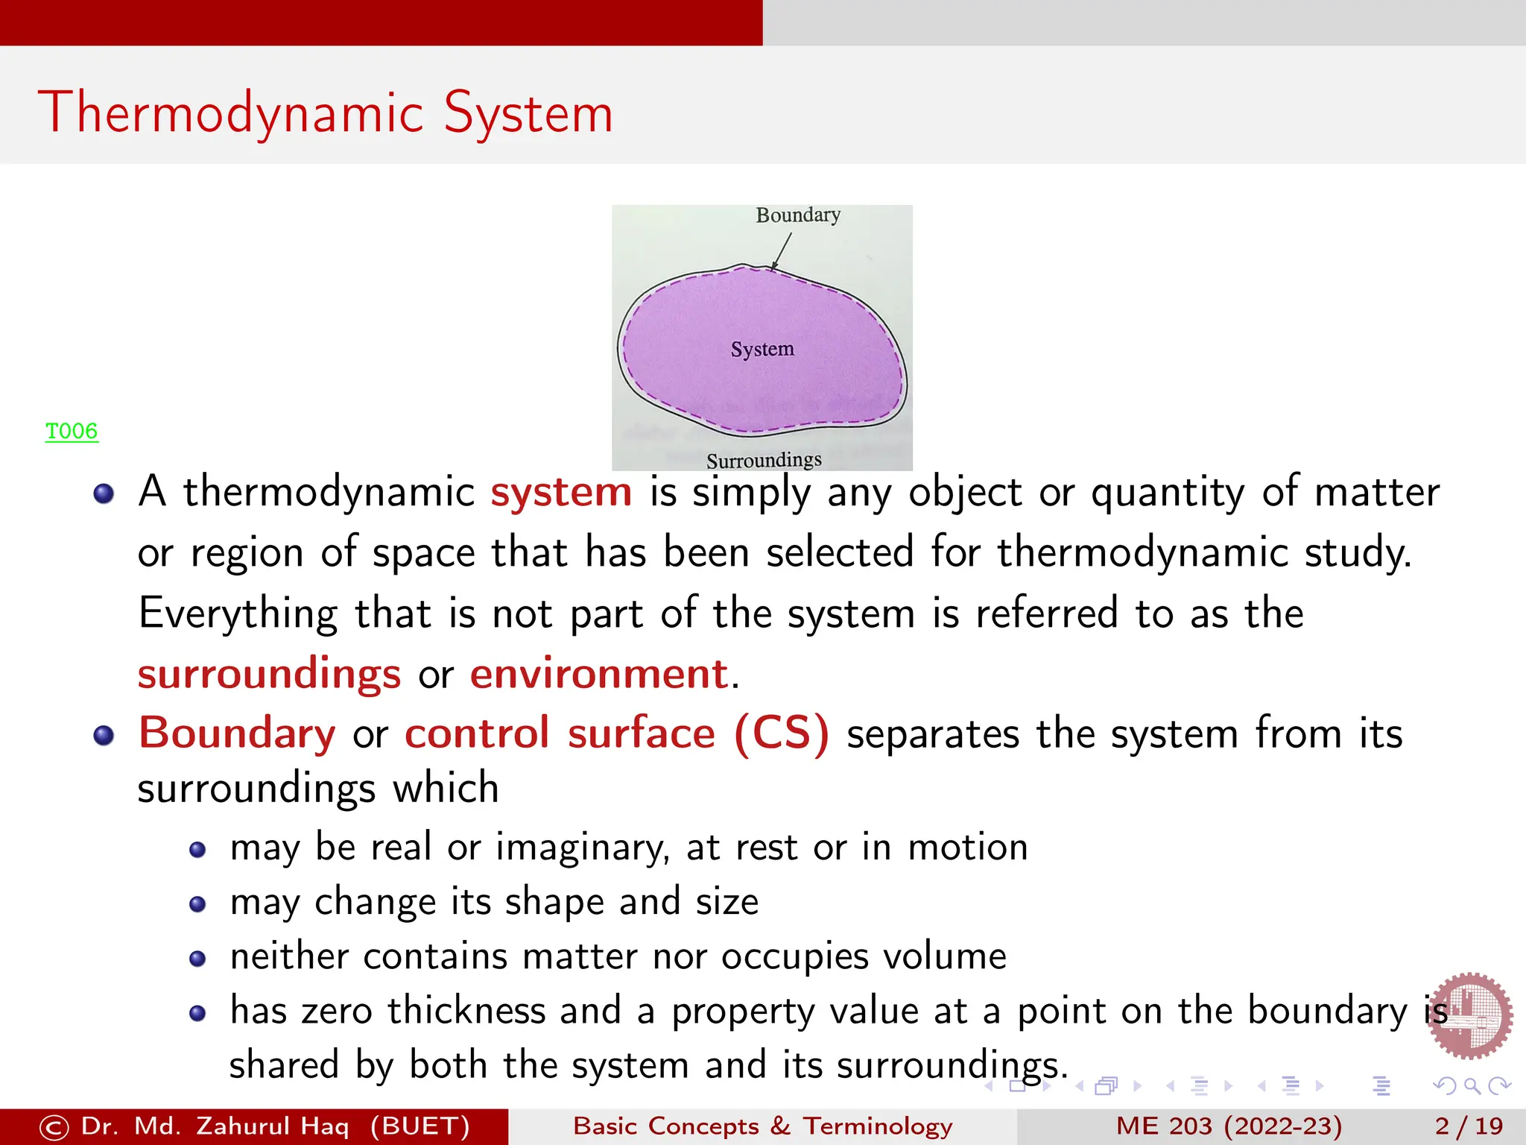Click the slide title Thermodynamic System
(x=326, y=113)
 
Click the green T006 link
(x=72, y=431)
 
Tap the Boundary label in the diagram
(x=798, y=215)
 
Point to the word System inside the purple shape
(x=762, y=349)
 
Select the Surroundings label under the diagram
(x=764, y=460)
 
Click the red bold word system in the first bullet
(x=561, y=492)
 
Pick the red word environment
(x=598, y=674)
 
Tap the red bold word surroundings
(x=269, y=674)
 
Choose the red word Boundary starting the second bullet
(x=237, y=733)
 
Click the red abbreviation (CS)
(x=781, y=734)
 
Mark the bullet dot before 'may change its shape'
(x=197, y=904)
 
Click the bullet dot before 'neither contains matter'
(x=197, y=959)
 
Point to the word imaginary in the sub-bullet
(x=581, y=848)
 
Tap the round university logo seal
(x=1469, y=1015)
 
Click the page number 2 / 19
(x=1469, y=1126)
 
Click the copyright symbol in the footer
(x=54, y=1127)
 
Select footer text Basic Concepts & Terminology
(x=762, y=1126)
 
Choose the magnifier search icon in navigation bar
(x=1472, y=1086)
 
